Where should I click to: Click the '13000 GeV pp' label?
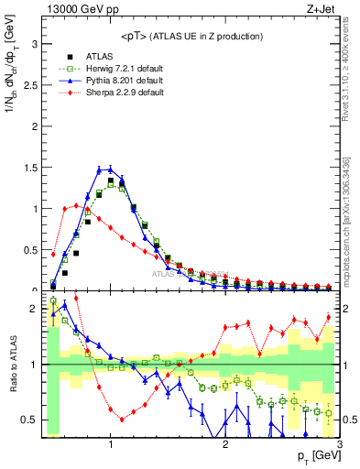(74, 10)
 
